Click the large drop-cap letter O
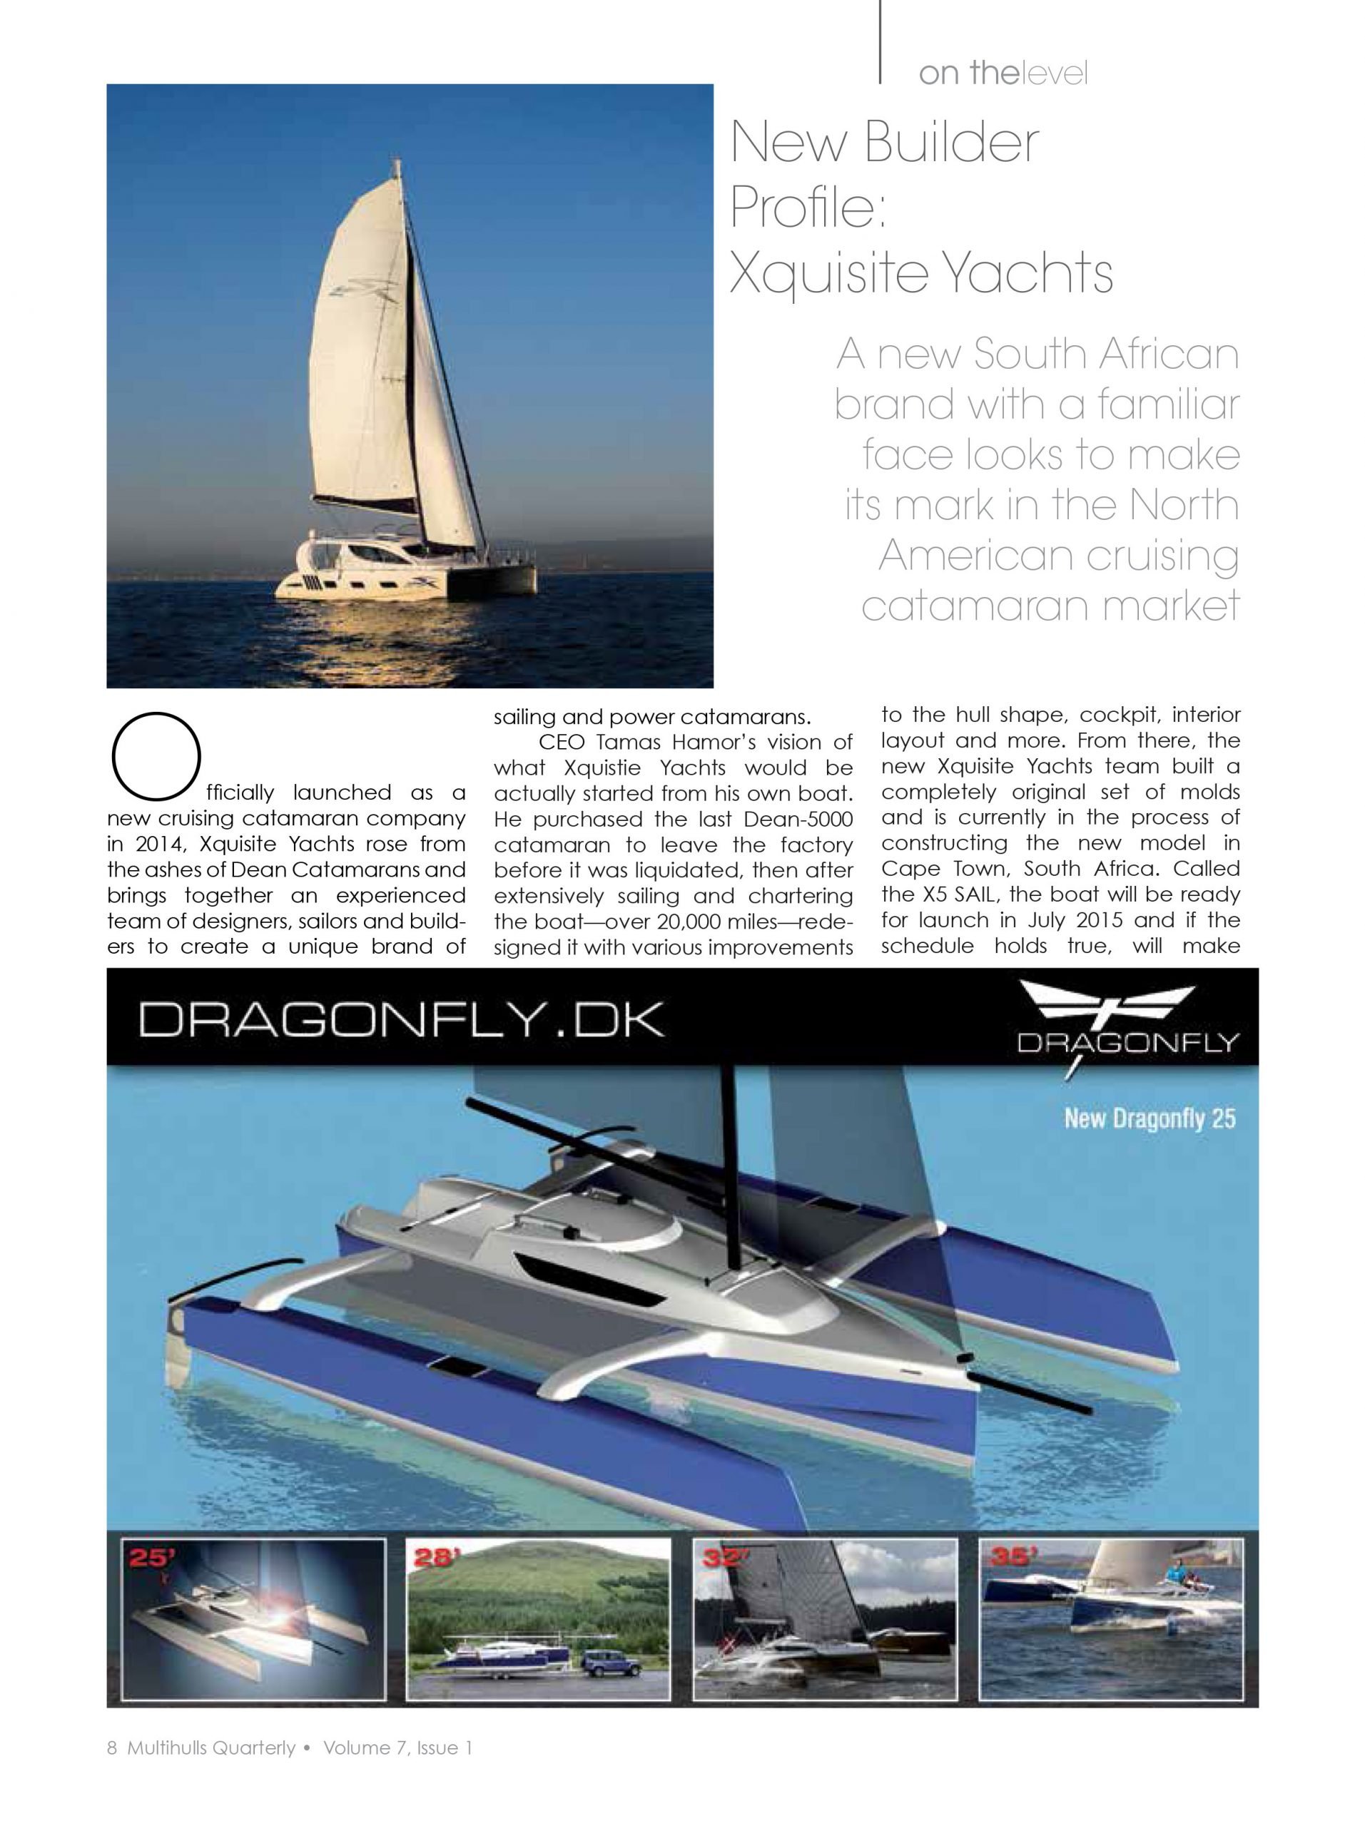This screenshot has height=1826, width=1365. click(x=156, y=756)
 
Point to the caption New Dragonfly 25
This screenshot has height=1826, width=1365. click(x=1149, y=1119)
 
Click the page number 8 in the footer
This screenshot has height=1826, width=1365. click(x=112, y=1748)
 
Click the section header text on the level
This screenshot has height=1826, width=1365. click(x=1003, y=73)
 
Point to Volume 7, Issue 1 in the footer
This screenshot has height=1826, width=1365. click(x=397, y=1748)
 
